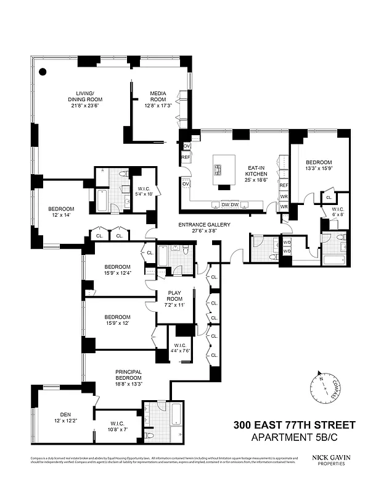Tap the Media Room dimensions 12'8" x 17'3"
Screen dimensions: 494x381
(x=158, y=106)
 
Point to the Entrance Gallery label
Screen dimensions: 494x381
(x=204, y=224)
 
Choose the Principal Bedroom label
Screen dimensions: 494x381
(x=128, y=375)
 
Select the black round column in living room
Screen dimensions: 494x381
(x=43, y=72)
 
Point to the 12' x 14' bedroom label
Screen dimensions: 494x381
(x=61, y=212)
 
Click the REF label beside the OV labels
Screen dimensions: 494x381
(x=186, y=158)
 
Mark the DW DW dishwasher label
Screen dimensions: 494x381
(x=230, y=204)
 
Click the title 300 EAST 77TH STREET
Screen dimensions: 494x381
(x=294, y=425)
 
